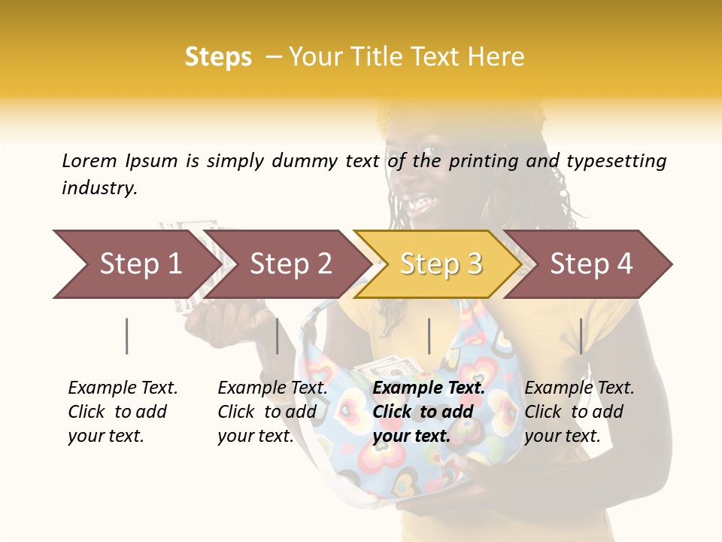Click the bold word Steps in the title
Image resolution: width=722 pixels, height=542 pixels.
[218, 57]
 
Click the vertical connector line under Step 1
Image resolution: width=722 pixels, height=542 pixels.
[127, 336]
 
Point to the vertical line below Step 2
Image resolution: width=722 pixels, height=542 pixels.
[278, 336]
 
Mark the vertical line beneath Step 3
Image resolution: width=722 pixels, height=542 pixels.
[429, 336]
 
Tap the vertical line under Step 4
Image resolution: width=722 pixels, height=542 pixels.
[581, 336]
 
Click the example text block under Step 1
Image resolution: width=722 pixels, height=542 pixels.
[123, 412]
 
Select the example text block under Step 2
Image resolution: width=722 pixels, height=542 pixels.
[272, 412]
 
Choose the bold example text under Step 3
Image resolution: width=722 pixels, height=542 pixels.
[429, 412]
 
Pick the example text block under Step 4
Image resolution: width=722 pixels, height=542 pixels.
[579, 412]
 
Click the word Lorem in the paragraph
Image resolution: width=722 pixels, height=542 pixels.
[89, 160]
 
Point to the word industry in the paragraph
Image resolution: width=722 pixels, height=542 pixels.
[99, 188]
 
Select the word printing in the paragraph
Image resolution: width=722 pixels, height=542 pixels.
[484, 161]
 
